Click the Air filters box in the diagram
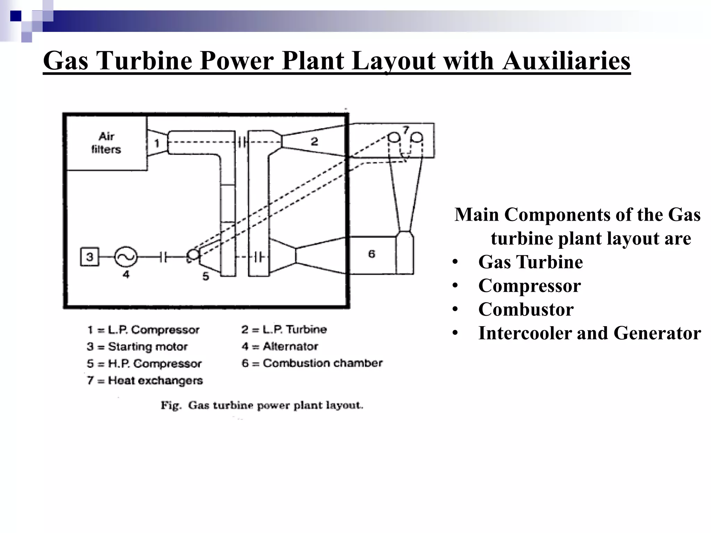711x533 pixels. coord(106,143)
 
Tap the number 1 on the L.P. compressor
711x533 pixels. coord(157,143)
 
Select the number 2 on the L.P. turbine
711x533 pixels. coord(314,141)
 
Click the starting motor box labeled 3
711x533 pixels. coord(90,257)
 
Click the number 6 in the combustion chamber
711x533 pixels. coord(372,254)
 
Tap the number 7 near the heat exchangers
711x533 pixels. coord(405,129)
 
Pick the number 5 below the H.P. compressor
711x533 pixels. coord(206,276)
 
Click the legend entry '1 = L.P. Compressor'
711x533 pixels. coord(143,330)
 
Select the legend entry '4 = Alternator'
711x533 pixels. coord(280,346)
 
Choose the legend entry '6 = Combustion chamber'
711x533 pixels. coord(312,363)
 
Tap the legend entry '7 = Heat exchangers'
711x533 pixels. coord(145,380)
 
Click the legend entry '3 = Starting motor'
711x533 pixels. coord(137,347)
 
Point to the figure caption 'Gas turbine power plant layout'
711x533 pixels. coord(262,405)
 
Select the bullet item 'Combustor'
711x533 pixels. coord(526,309)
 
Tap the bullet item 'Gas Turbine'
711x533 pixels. coord(530,262)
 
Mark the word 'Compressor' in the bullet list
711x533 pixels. coord(529,286)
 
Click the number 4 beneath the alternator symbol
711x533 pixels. coord(126,274)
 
